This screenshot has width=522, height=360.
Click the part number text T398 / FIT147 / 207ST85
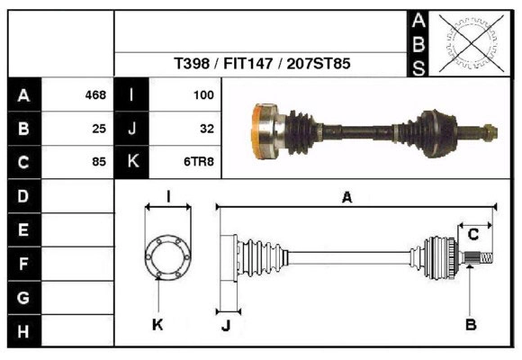tap(262, 64)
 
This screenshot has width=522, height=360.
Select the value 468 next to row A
tap(94, 94)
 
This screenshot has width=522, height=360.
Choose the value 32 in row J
tap(206, 129)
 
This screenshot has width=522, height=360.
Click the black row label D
tap(23, 195)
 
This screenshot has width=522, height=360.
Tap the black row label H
tap(23, 331)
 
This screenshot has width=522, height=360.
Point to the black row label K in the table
tap(132, 162)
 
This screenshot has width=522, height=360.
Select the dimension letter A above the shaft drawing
tap(346, 198)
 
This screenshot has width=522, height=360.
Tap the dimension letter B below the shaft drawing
tap(470, 324)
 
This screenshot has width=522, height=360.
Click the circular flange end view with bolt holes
tap(168, 256)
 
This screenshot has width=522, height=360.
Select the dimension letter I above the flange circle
tap(168, 196)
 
